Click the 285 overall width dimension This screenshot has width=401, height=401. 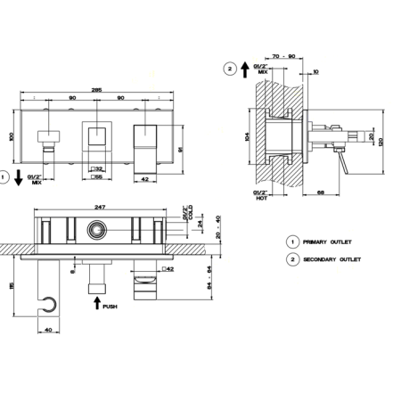(x=97, y=88)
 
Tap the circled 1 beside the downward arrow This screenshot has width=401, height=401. (x=6, y=177)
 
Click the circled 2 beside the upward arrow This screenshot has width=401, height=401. (x=230, y=68)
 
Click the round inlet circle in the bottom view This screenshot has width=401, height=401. (x=94, y=232)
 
